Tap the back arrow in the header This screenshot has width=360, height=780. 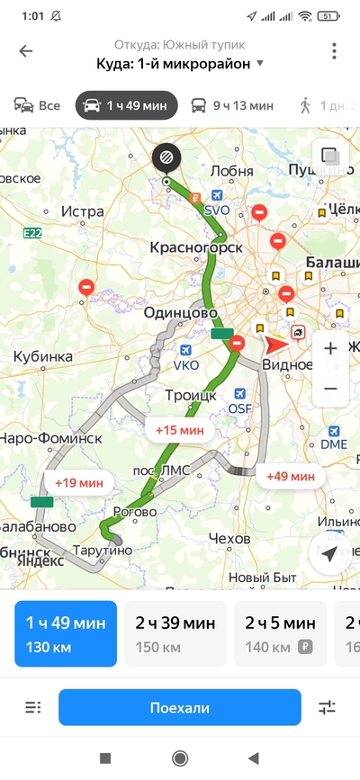[x=26, y=51]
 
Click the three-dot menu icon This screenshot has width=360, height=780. [x=334, y=51]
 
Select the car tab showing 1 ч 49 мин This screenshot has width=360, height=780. [x=126, y=105]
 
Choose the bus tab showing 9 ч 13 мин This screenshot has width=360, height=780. [x=232, y=105]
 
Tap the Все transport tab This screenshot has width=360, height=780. [x=37, y=105]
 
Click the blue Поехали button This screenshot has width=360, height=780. [x=180, y=708]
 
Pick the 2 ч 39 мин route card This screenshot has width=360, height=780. [x=175, y=633]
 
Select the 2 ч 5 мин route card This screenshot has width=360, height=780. [x=275, y=633]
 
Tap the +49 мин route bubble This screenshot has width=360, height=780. [x=290, y=476]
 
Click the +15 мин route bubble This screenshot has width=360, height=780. [x=178, y=430]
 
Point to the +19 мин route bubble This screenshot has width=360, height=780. [x=77, y=482]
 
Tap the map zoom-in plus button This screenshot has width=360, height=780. [x=329, y=348]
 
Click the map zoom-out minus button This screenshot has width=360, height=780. [x=329, y=389]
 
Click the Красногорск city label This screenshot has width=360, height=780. [x=196, y=247]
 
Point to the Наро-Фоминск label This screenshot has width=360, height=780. [x=51, y=438]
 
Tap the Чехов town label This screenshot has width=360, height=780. [x=228, y=538]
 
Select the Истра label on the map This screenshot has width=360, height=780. [x=84, y=211]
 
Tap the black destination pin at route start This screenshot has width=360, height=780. [x=166, y=157]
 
